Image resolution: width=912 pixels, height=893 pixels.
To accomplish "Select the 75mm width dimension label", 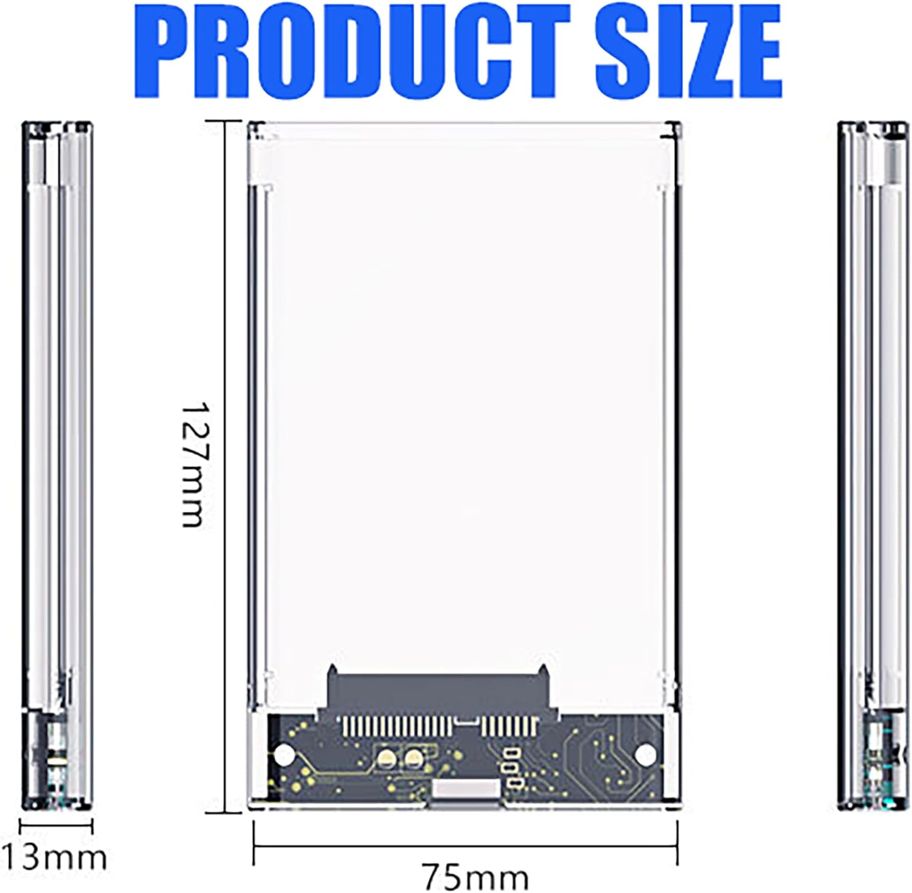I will [x=476, y=877].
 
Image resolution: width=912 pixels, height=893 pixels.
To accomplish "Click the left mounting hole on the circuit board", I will [x=283, y=754].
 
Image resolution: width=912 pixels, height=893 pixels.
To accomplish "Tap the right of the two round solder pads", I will [x=414, y=757].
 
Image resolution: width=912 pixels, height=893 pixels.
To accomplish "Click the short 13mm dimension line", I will [x=56, y=826].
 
